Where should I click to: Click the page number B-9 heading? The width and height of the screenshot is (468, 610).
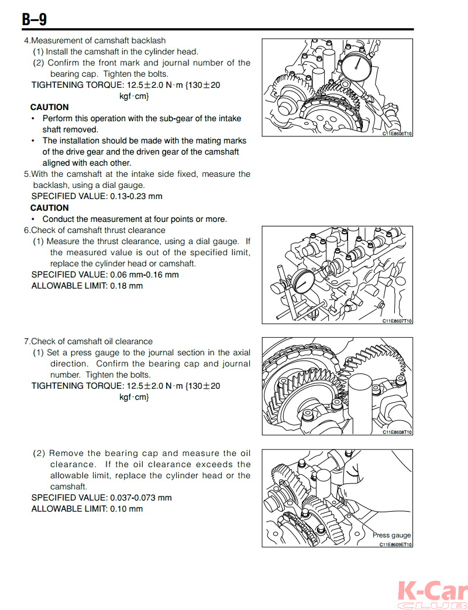pyautogui.click(x=35, y=19)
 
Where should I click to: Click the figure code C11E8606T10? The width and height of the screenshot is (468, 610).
pyautogui.click(x=397, y=133)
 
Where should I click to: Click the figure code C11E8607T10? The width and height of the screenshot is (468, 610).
pyautogui.click(x=397, y=321)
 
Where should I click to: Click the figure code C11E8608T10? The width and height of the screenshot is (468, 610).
pyautogui.click(x=397, y=432)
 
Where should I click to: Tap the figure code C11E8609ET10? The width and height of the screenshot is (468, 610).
pyautogui.click(x=395, y=544)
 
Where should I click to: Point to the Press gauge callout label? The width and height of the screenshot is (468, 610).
pyautogui.click(x=391, y=535)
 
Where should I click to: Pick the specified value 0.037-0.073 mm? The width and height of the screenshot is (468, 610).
pyautogui.click(x=141, y=498)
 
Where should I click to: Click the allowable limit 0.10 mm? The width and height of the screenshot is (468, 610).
pyautogui.click(x=126, y=509)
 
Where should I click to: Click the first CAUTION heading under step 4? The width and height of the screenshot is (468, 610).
pyautogui.click(x=49, y=107)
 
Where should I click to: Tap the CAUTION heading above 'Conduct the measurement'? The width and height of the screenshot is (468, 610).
pyautogui.click(x=49, y=208)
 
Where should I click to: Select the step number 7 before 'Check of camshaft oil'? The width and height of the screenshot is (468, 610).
pyautogui.click(x=26, y=341)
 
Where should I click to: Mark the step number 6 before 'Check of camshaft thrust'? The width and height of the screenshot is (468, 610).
pyautogui.click(x=26, y=230)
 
